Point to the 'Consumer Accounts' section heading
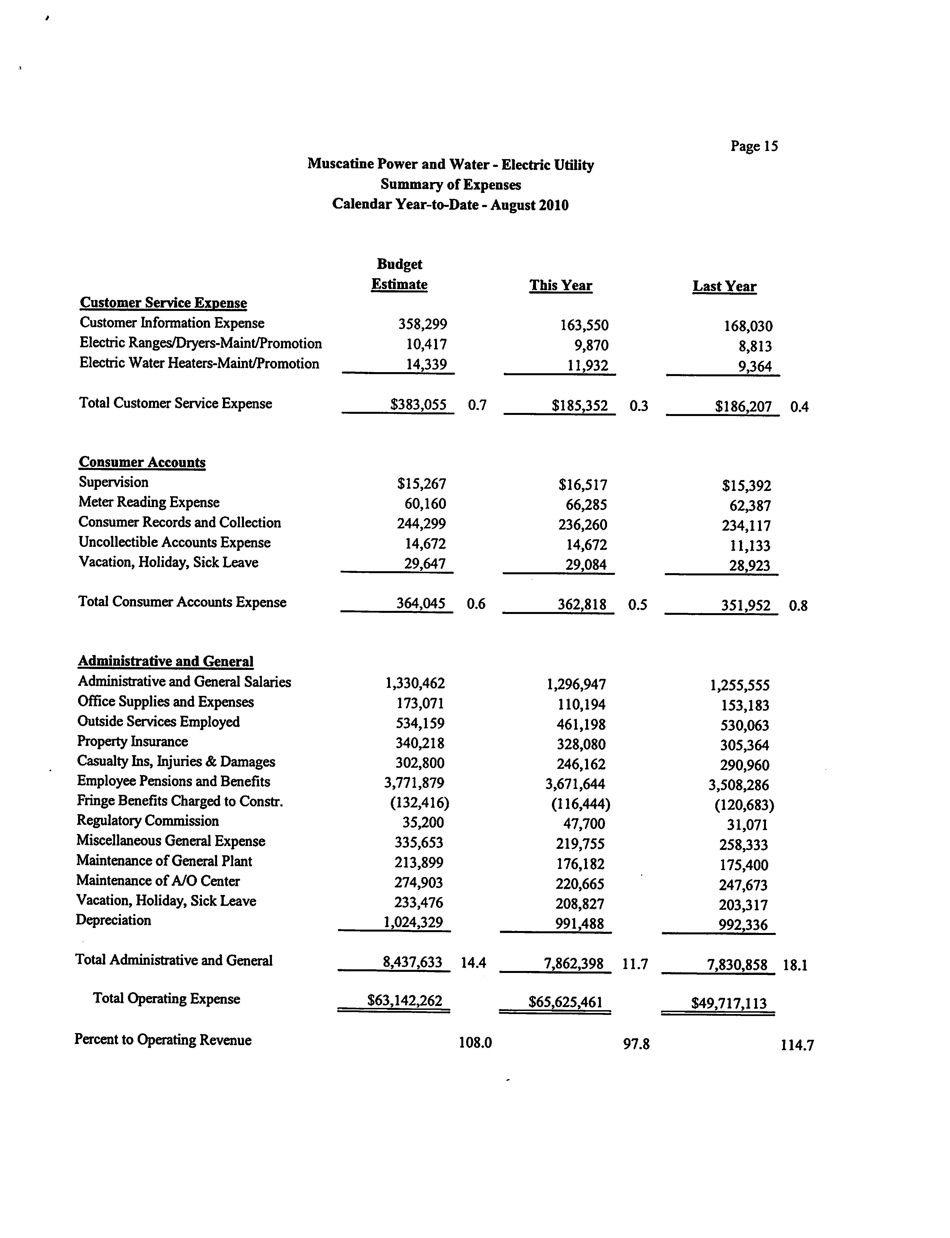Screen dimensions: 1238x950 (x=142, y=462)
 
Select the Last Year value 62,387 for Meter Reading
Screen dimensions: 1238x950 (x=750, y=506)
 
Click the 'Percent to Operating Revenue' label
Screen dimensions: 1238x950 (x=163, y=1040)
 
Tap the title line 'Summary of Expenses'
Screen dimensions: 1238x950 (x=451, y=185)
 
